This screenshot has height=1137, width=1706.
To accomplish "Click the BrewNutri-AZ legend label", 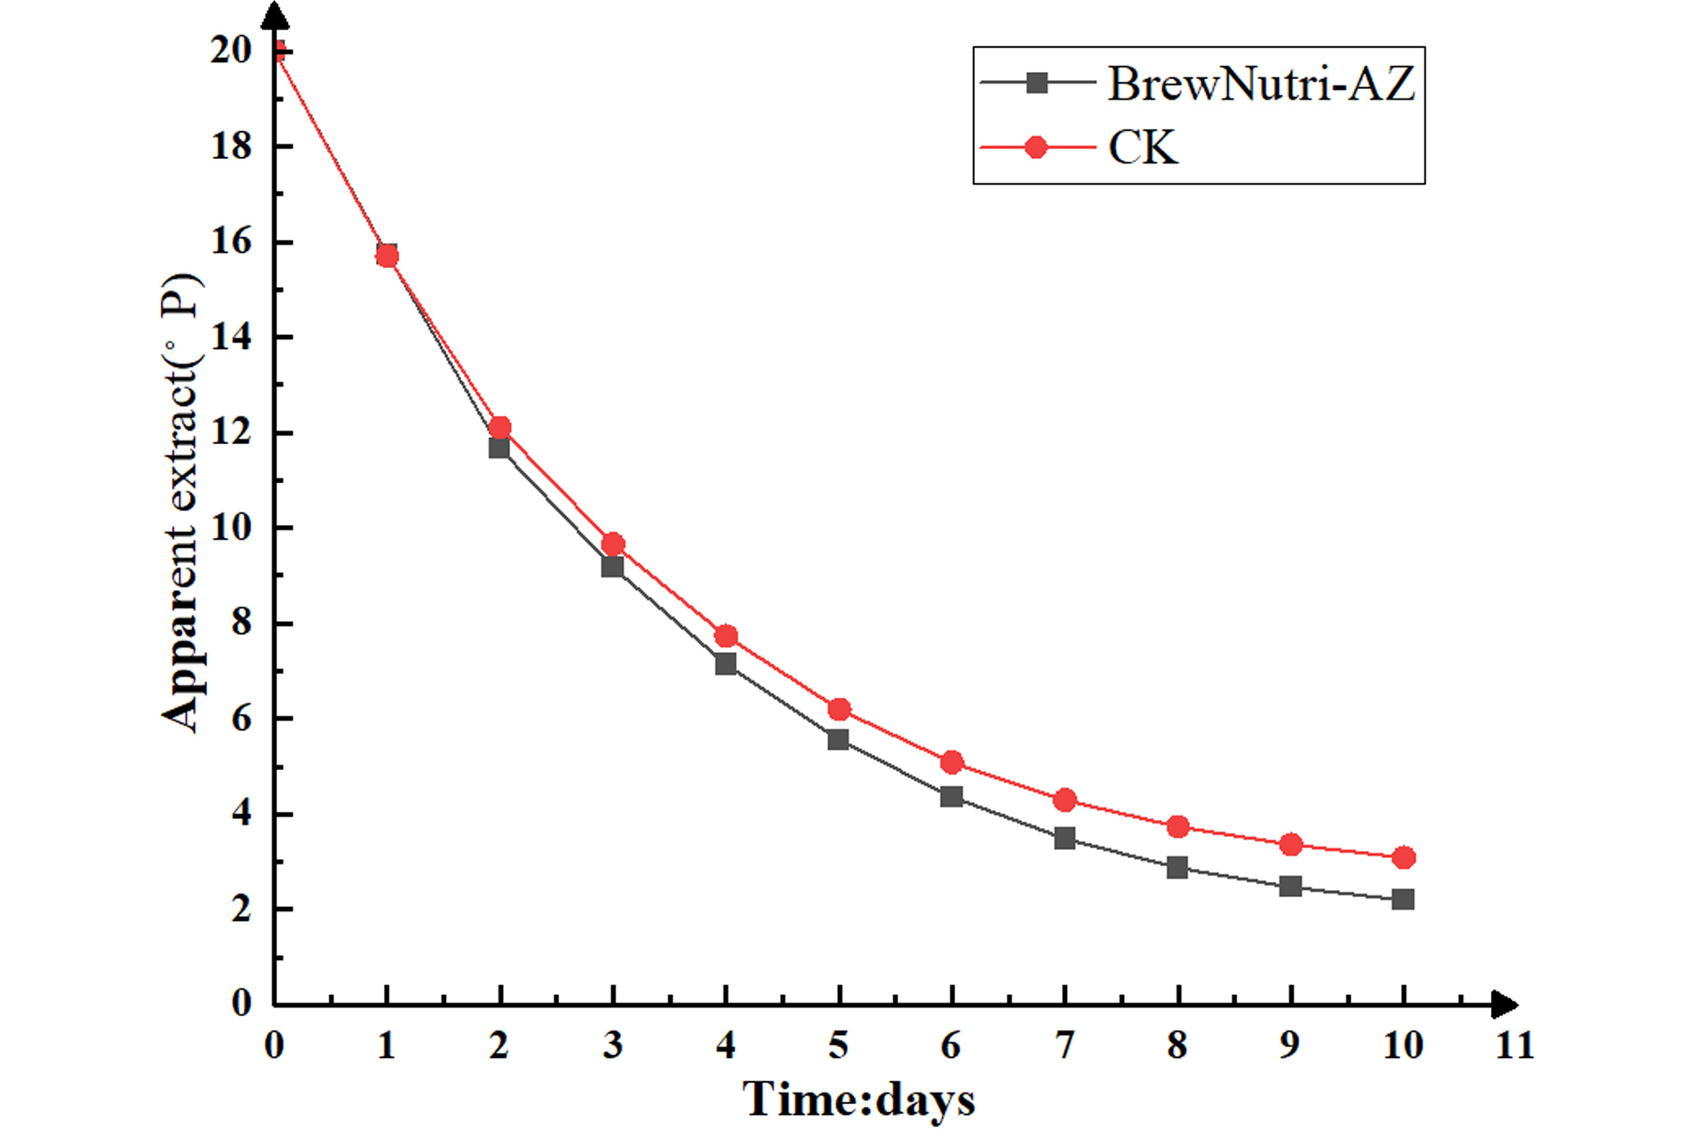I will tap(1260, 84).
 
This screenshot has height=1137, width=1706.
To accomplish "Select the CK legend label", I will tap(1143, 147).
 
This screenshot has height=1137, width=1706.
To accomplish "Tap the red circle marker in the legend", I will tap(1036, 147).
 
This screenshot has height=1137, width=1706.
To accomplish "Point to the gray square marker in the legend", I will tap(1036, 83).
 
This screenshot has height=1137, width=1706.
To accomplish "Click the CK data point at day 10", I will tap(1403, 857).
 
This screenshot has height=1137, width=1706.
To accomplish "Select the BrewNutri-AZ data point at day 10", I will tap(1403, 899).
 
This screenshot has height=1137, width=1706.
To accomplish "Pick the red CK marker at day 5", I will tap(839, 709).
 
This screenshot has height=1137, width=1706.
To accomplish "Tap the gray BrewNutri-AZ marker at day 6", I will tap(952, 796).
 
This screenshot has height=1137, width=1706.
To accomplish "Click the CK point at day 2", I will tap(499, 427).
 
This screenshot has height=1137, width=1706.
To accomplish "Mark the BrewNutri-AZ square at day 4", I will tap(726, 664).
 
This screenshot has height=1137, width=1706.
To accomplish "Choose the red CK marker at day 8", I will tap(1177, 826).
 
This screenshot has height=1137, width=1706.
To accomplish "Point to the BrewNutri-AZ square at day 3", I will tap(612, 567).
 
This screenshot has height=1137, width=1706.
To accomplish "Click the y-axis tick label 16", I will tap(231, 241).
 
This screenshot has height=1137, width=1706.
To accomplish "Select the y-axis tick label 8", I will tap(241, 623).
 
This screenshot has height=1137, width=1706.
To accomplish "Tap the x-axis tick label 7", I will tap(1064, 1046).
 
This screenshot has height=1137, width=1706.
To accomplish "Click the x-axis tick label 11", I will tap(1514, 1046).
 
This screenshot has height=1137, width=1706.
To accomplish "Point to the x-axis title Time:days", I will tap(858, 1100).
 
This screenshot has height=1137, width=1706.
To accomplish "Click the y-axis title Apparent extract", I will tap(182, 503).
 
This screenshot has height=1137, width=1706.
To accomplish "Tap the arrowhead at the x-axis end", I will tap(1503, 1005).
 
